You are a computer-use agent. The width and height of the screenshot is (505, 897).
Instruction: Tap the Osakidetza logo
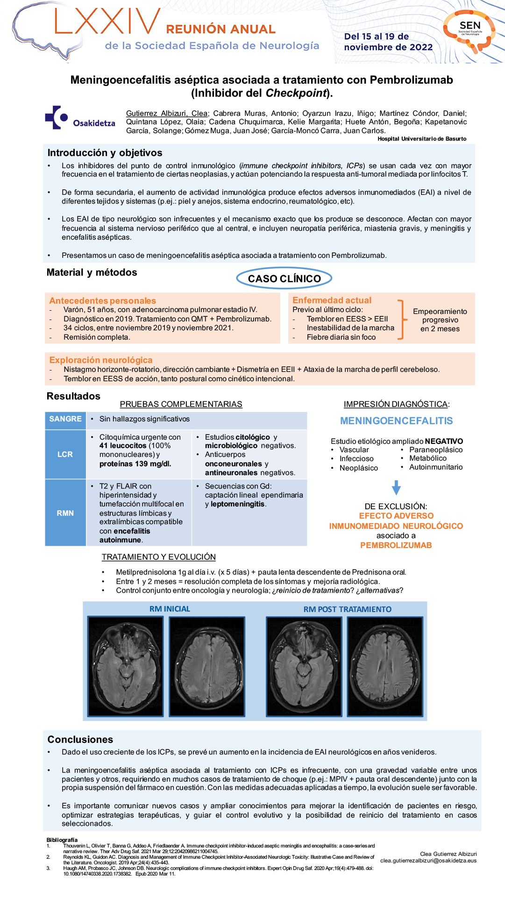coord(80,118)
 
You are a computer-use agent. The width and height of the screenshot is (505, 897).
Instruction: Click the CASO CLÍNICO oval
coord(284,278)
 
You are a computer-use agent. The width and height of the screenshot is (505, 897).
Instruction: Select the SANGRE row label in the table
coord(65,419)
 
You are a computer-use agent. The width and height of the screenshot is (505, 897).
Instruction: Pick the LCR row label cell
coord(65,454)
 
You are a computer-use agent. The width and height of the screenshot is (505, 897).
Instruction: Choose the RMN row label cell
coord(65,513)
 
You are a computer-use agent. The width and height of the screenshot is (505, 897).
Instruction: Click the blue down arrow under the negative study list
coord(396,487)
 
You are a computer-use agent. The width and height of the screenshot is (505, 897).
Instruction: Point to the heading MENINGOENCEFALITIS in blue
coord(396,421)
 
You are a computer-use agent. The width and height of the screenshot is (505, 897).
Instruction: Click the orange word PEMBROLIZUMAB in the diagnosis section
coord(396,545)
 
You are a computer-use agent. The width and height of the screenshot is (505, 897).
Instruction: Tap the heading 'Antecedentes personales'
coord(103,301)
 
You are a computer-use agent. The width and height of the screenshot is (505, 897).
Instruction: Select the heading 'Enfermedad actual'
coord(332,300)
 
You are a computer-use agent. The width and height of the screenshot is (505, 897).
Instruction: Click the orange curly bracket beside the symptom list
coord(401,320)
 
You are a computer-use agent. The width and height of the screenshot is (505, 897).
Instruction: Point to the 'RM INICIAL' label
coord(170,609)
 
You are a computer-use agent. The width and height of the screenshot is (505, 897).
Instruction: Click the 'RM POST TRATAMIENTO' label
coord(348,609)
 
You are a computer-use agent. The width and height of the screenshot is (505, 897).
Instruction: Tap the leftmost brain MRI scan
coord(126,666)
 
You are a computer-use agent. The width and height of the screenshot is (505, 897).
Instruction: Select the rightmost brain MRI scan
coord(385,666)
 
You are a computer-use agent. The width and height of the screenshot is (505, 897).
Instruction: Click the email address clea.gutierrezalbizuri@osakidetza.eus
coord(428,861)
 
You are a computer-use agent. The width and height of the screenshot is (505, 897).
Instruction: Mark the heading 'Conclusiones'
coord(80,740)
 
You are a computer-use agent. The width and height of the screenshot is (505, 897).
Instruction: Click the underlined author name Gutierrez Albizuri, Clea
coord(167,114)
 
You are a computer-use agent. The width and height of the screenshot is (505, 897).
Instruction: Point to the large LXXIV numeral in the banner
coord(107,22)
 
